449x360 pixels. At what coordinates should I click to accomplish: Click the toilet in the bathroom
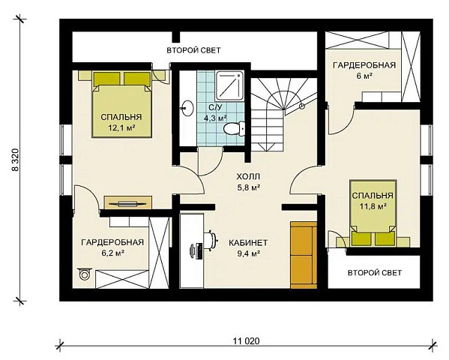coord(234,129)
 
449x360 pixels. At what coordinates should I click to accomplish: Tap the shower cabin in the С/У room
coord(229,85)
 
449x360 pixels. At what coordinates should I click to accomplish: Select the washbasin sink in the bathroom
coord(187,108)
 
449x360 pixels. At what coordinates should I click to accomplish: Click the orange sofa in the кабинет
coord(304,255)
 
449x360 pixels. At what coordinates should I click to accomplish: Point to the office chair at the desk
coord(211,240)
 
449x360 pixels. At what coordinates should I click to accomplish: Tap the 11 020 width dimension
coord(246,341)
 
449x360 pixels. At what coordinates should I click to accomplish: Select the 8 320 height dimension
coord(15,160)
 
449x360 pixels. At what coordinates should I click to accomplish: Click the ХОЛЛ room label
coord(248,176)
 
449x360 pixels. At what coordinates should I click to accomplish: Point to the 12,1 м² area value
coord(121,127)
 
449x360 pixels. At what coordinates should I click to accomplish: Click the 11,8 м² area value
coord(373,205)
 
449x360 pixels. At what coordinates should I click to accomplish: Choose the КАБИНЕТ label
coord(248,243)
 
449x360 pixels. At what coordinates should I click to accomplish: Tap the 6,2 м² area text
coord(112,253)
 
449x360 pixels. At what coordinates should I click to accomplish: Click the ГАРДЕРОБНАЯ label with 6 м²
coord(364,65)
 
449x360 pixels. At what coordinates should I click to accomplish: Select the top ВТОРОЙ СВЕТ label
coord(193,50)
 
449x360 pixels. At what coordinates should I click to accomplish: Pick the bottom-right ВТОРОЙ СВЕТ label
coord(375,272)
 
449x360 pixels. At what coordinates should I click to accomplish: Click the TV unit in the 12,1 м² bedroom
coord(127,202)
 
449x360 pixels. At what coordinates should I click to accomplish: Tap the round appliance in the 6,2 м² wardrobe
coord(85,274)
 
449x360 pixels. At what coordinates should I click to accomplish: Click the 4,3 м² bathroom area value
coord(215,118)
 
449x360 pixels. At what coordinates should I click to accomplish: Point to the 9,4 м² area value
coord(248,253)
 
